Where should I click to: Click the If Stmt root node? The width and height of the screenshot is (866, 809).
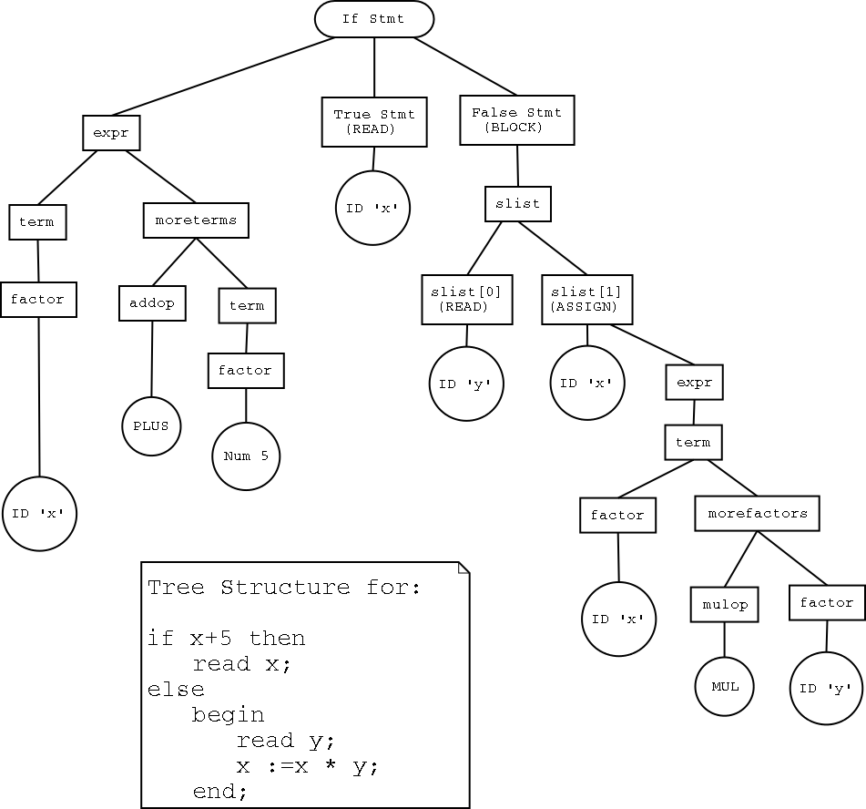(374, 19)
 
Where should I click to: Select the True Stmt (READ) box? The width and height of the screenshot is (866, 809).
(374, 121)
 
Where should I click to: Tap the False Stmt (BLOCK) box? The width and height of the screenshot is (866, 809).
(516, 119)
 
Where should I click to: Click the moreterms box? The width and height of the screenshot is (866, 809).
(196, 220)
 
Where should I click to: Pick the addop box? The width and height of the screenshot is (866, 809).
(152, 303)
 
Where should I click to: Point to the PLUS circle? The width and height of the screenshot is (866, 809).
(151, 425)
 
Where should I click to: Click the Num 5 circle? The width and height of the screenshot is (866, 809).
(246, 456)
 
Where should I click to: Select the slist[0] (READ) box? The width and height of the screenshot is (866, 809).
(466, 299)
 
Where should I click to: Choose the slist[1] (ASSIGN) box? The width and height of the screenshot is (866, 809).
(587, 299)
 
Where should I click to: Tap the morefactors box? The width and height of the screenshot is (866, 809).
(757, 513)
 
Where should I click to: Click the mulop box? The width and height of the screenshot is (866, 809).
(724, 604)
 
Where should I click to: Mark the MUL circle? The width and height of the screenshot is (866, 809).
(725, 687)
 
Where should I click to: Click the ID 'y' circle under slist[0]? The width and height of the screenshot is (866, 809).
(466, 384)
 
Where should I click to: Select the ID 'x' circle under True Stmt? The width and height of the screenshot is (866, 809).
(373, 208)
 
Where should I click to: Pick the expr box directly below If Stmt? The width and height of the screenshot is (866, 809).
(111, 133)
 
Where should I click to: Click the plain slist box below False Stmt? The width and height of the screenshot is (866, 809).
(517, 203)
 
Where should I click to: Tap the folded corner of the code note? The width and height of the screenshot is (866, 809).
(464, 568)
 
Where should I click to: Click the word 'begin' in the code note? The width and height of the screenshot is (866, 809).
(228, 714)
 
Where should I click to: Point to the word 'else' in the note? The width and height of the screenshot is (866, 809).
(176, 689)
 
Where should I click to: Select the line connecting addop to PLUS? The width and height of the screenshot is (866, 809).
(152, 356)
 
